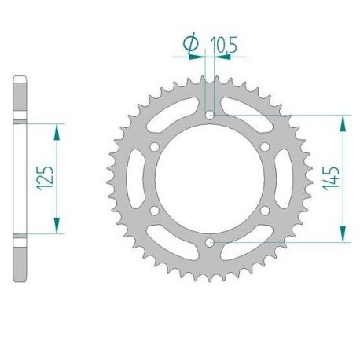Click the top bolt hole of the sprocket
click(210, 116)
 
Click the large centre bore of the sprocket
click(210, 179)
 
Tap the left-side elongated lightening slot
click(135, 179)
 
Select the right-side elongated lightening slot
click(285, 179)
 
